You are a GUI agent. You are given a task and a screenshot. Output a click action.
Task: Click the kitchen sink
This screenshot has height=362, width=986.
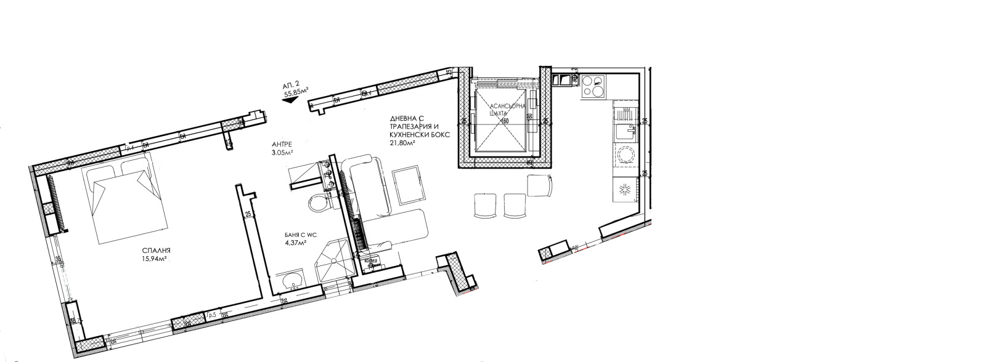coord(627,131)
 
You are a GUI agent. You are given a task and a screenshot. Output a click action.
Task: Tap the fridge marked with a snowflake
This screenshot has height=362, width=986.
coord(625,190)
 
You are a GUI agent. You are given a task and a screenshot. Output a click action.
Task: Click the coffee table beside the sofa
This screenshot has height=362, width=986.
coord(406,185)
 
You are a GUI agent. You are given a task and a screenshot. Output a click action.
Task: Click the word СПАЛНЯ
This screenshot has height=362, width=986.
coord(155,251)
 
